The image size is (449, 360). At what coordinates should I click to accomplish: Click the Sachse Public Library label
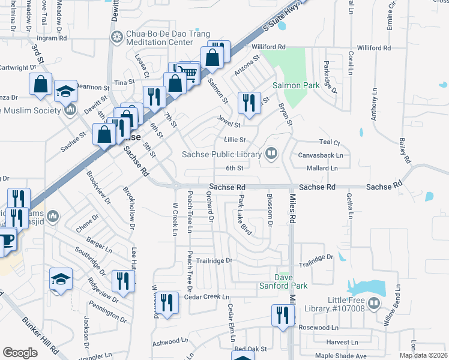coord(222,154)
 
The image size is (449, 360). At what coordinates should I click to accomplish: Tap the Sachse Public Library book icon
coord(271,154)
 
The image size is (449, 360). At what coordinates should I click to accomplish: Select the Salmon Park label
coord(296,86)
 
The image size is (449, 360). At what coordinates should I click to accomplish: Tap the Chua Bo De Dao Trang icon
coord(117,37)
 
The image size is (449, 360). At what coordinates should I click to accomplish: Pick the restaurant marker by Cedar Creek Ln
coord(166,302)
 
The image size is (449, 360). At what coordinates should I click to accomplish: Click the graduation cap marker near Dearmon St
coord(65,91)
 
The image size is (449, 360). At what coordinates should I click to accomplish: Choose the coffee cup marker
coord(6,239)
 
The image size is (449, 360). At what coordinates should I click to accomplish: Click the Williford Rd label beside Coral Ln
coord(373,47)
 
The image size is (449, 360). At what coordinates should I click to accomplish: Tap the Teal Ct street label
coord(330,143)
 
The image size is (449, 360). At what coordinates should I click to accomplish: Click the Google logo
coord(20,353)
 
